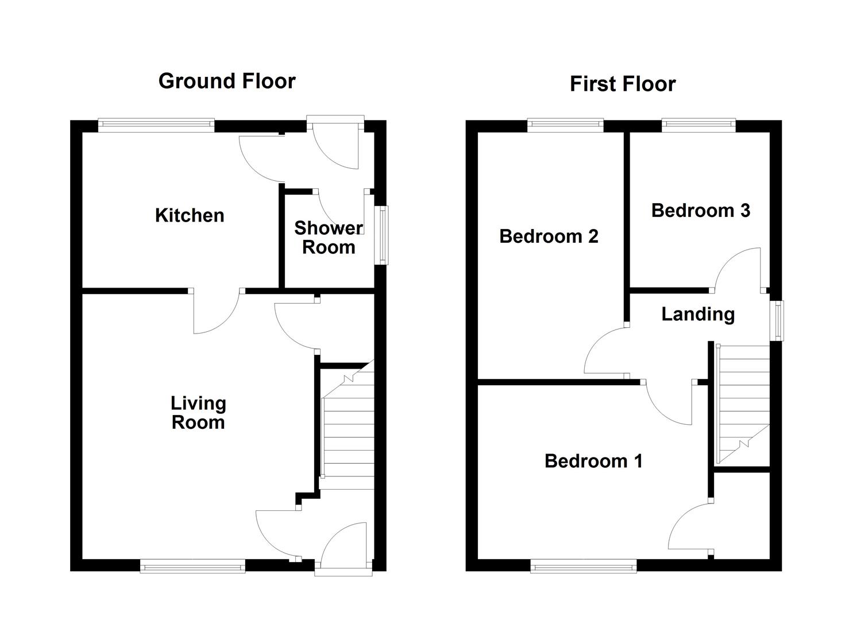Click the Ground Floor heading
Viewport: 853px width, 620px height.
[x=227, y=81]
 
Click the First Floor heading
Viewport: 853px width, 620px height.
[x=622, y=84]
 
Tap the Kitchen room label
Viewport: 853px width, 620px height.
[x=190, y=215]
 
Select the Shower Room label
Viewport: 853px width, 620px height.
[x=329, y=238]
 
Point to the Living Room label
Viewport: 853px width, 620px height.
[x=198, y=413]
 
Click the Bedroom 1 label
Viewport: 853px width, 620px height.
[x=593, y=460]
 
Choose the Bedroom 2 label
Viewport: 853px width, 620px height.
[x=549, y=236]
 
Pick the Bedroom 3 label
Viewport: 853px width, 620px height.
[x=700, y=210]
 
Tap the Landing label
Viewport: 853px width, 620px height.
[x=698, y=313]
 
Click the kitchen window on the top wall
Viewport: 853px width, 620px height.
[x=156, y=122]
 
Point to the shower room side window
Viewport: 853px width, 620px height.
[x=381, y=235]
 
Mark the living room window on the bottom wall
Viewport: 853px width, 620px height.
[x=192, y=567]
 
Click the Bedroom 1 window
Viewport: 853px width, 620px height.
[x=583, y=567]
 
